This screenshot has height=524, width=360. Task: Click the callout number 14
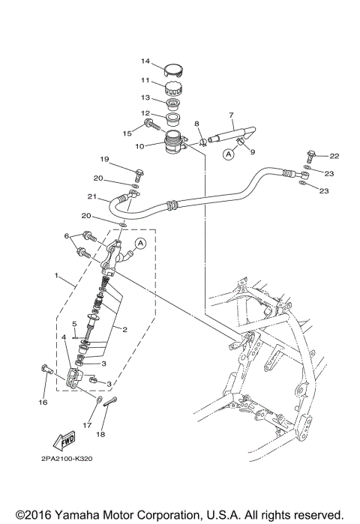(x=145, y=61)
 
